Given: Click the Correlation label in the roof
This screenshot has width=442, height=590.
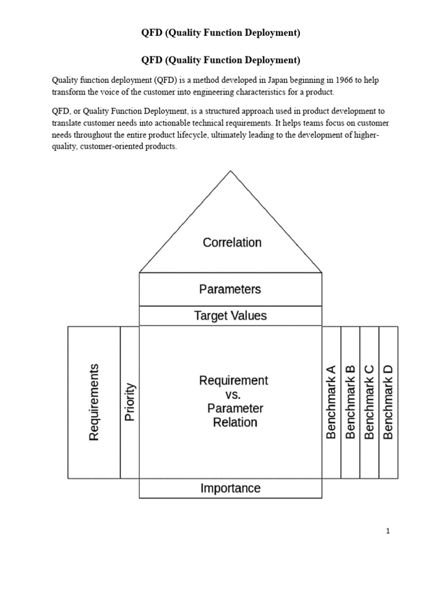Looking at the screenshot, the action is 232,243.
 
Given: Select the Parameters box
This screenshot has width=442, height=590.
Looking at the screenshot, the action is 230,289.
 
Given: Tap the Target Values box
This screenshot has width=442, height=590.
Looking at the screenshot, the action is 230,316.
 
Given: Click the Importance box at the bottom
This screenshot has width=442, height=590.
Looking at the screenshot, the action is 230,489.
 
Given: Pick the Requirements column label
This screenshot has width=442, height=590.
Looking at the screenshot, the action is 94,402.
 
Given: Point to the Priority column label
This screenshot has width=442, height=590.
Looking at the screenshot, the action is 129,402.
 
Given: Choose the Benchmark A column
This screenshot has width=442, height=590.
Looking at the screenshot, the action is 331,402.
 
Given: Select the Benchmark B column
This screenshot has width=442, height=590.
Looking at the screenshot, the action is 350,402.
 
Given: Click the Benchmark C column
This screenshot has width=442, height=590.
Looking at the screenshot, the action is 369,402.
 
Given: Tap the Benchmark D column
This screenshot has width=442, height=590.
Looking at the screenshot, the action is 388,402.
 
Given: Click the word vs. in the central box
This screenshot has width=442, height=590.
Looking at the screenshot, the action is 233,395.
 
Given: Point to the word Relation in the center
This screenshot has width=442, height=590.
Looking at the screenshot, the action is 235,422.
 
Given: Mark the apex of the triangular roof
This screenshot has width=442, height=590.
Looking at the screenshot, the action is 230,171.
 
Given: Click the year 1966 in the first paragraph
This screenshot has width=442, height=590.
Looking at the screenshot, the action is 344,80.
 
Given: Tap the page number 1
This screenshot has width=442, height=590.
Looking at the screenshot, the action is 388,531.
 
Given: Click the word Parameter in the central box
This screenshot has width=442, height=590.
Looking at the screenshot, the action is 235,409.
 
